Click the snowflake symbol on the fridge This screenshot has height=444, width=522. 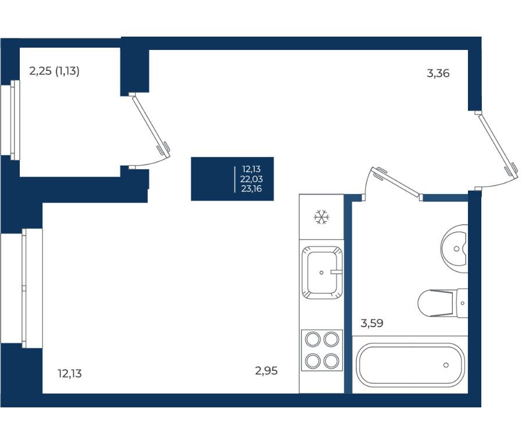pos(321,217)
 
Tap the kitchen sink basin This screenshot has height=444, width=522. pos(322,272)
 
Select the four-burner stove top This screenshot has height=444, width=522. pos(322,350)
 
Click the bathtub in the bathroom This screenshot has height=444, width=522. pos(410,365)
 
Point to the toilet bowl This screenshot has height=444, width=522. pos(443,303)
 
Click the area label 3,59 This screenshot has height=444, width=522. pos(372,323)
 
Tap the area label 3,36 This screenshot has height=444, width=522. pos(438,73)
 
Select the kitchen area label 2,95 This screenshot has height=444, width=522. pos(266,370)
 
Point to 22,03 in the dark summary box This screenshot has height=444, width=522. pos(252,179)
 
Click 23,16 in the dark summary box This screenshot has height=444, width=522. pos(252,189)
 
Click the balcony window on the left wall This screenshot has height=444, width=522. pos(10,120)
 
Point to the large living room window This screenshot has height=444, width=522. pos(22,288)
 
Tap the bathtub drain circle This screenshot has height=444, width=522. pos(446,365)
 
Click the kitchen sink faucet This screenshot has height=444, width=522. pos(336,272)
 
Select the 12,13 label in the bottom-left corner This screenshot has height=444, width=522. pos(70,374)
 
